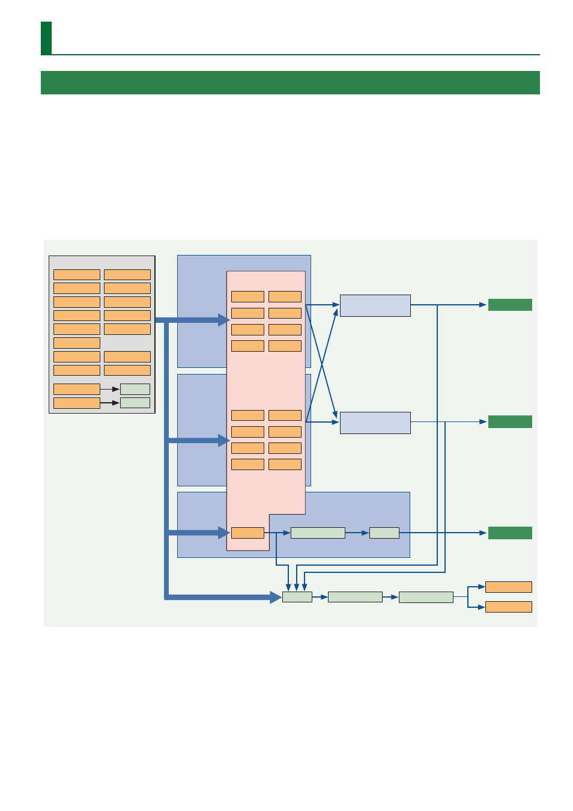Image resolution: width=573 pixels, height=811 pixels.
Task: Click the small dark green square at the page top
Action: click(x=46, y=38)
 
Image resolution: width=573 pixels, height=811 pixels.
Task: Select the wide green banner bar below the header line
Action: click(x=290, y=83)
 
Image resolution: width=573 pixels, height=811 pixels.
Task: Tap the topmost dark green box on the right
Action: click(x=510, y=305)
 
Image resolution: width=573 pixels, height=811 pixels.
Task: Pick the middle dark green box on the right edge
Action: click(x=510, y=421)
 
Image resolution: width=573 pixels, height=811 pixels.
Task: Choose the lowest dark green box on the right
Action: click(x=510, y=533)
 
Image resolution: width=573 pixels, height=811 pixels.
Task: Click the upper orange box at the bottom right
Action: click(x=508, y=587)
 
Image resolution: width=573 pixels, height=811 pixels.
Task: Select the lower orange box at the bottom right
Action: click(x=508, y=607)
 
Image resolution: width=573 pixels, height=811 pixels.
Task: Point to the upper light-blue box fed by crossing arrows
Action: click(x=375, y=305)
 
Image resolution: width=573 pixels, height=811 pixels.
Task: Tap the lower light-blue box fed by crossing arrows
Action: click(x=375, y=423)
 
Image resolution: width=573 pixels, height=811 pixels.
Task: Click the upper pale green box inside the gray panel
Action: click(x=135, y=389)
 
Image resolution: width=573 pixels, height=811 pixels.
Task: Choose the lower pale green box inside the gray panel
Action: click(x=135, y=403)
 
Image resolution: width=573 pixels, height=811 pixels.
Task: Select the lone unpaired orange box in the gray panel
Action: click(x=77, y=343)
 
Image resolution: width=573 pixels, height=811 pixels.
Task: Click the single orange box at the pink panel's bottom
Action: click(x=247, y=533)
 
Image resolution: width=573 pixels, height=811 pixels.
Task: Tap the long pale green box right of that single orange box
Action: click(x=318, y=533)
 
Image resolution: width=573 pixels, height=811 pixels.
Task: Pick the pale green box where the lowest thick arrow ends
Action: click(x=297, y=597)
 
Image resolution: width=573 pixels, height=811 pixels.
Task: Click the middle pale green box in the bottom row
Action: click(x=355, y=597)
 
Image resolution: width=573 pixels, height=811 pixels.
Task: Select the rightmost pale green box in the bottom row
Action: click(x=426, y=597)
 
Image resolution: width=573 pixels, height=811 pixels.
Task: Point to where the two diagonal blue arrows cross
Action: click(x=321, y=364)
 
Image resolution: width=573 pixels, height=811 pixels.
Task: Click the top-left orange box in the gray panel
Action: click(x=77, y=275)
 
